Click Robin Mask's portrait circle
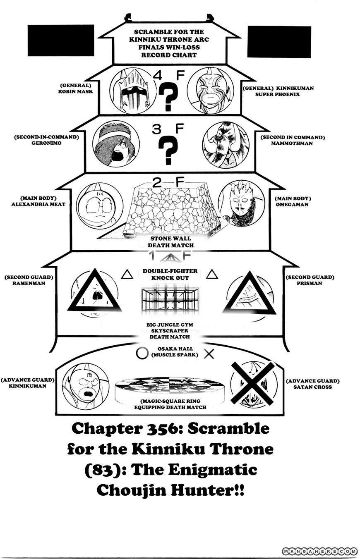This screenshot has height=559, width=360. pyautogui.click(x=133, y=91)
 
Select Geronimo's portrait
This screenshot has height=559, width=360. pyautogui.click(x=116, y=144)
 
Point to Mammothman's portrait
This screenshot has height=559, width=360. pyautogui.click(x=226, y=145)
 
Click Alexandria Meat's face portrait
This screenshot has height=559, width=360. pyautogui.click(x=99, y=205)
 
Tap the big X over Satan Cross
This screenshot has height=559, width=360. pyautogui.click(x=252, y=383)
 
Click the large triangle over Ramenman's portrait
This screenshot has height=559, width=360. pyautogui.click(x=94, y=291)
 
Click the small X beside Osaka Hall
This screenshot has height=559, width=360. pyautogui.click(x=209, y=354)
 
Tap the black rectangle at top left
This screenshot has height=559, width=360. pyautogui.click(x=61, y=40)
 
